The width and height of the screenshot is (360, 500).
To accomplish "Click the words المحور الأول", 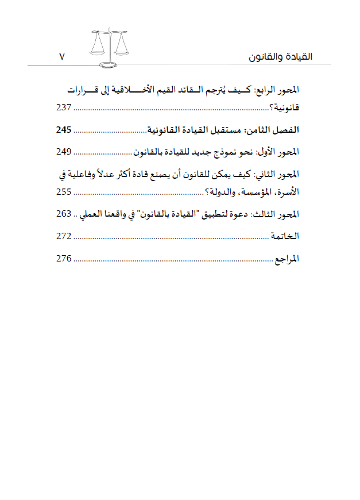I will pyautogui.click(x=279, y=152).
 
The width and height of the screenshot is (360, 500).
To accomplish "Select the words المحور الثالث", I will pyautogui.click(x=278, y=214).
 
